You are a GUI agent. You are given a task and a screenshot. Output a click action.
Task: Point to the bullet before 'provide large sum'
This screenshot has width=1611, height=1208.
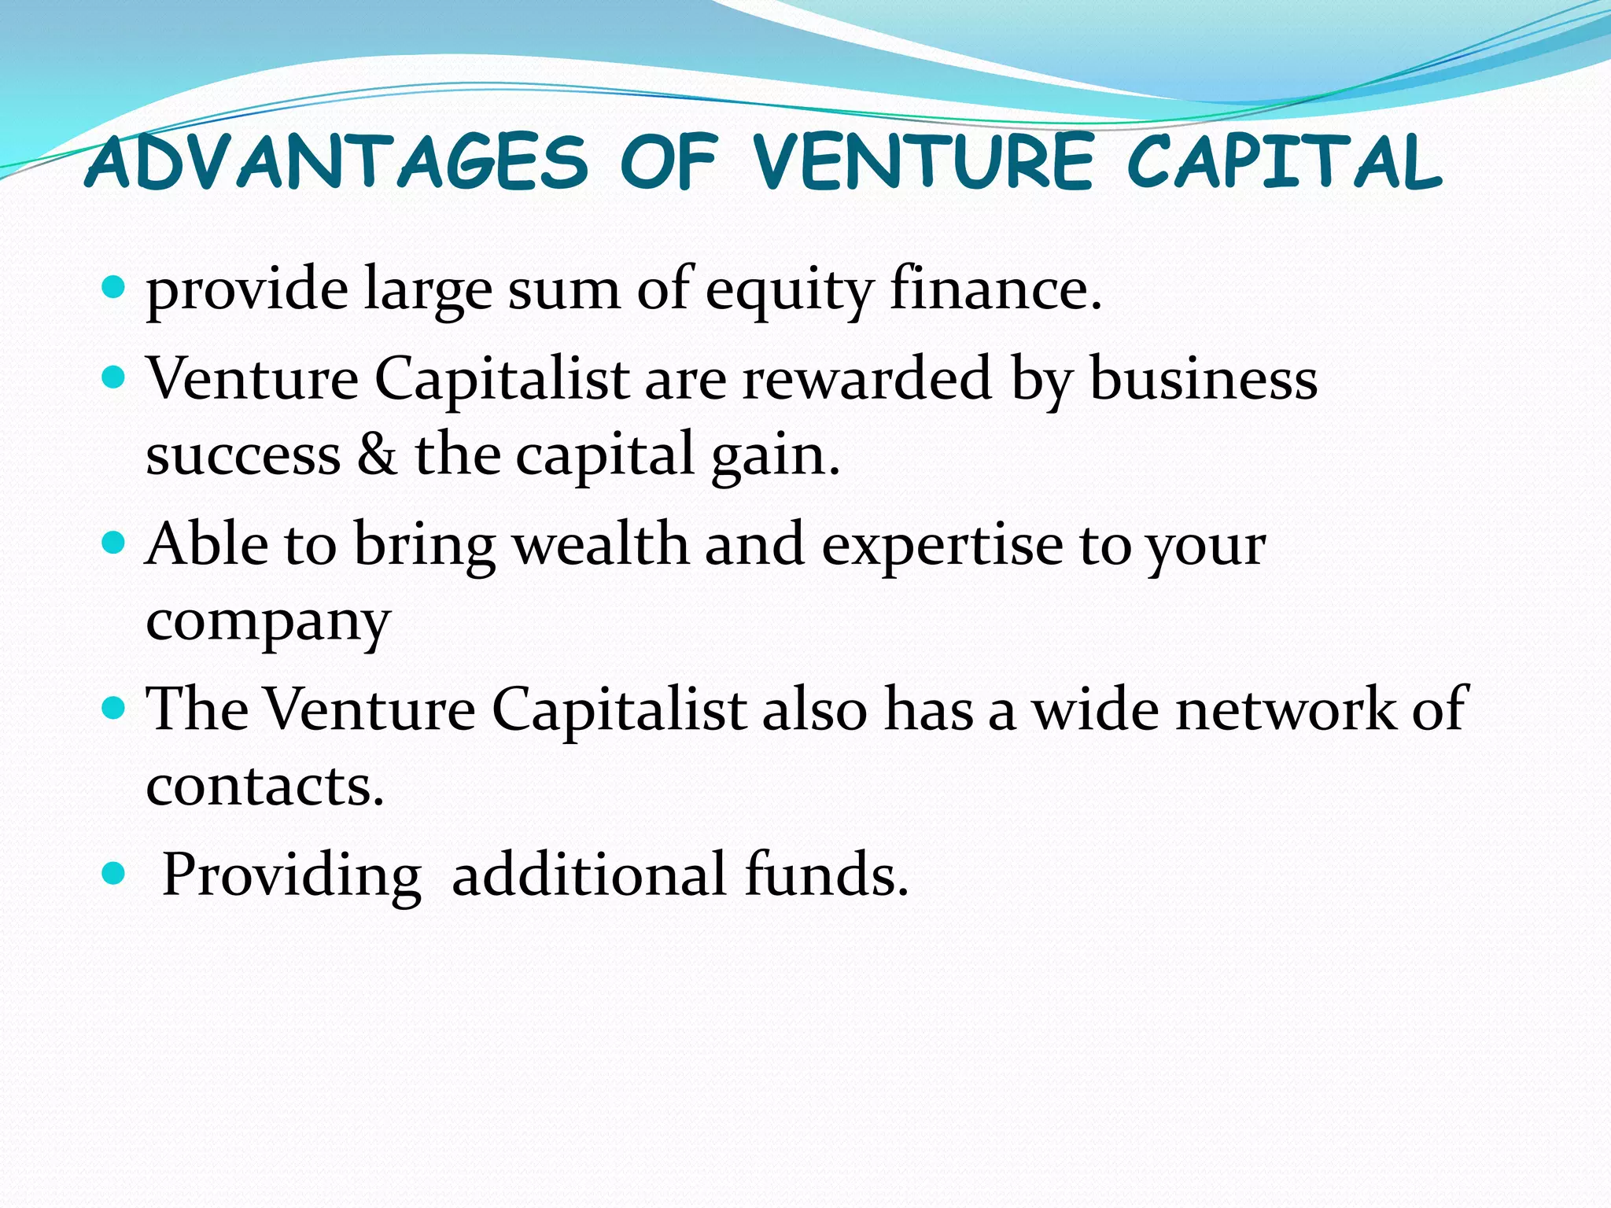(114, 286)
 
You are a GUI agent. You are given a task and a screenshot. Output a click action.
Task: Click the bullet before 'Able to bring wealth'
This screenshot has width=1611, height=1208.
(114, 542)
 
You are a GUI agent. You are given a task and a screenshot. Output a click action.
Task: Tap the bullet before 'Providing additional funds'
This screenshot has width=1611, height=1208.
(114, 872)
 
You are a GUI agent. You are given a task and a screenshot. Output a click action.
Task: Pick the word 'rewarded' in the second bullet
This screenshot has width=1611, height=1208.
(867, 378)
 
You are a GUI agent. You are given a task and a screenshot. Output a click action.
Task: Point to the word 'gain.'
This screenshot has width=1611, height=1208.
(776, 458)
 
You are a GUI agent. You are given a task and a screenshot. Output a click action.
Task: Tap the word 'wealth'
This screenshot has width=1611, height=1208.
(601, 543)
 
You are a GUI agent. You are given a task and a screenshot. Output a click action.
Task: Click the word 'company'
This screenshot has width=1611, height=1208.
(268, 623)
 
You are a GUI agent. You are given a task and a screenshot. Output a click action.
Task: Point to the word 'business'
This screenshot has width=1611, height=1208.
(1204, 378)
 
